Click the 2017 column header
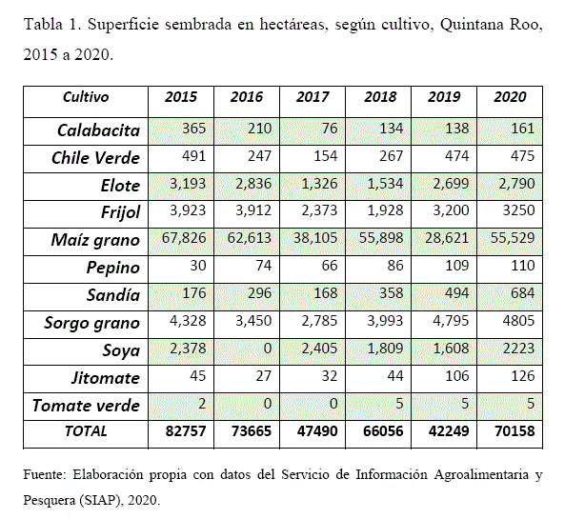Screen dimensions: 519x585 [x=313, y=97]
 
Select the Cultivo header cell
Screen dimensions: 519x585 [x=86, y=97]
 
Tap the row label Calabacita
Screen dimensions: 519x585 [x=99, y=130]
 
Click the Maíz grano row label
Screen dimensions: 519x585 [x=95, y=240]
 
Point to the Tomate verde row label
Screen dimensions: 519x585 [x=87, y=405]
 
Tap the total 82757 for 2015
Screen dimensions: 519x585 [x=181, y=431]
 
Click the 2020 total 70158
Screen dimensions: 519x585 [x=511, y=431]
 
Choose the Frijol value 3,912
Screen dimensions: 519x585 [x=247, y=212]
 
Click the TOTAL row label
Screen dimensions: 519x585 [x=86, y=431]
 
